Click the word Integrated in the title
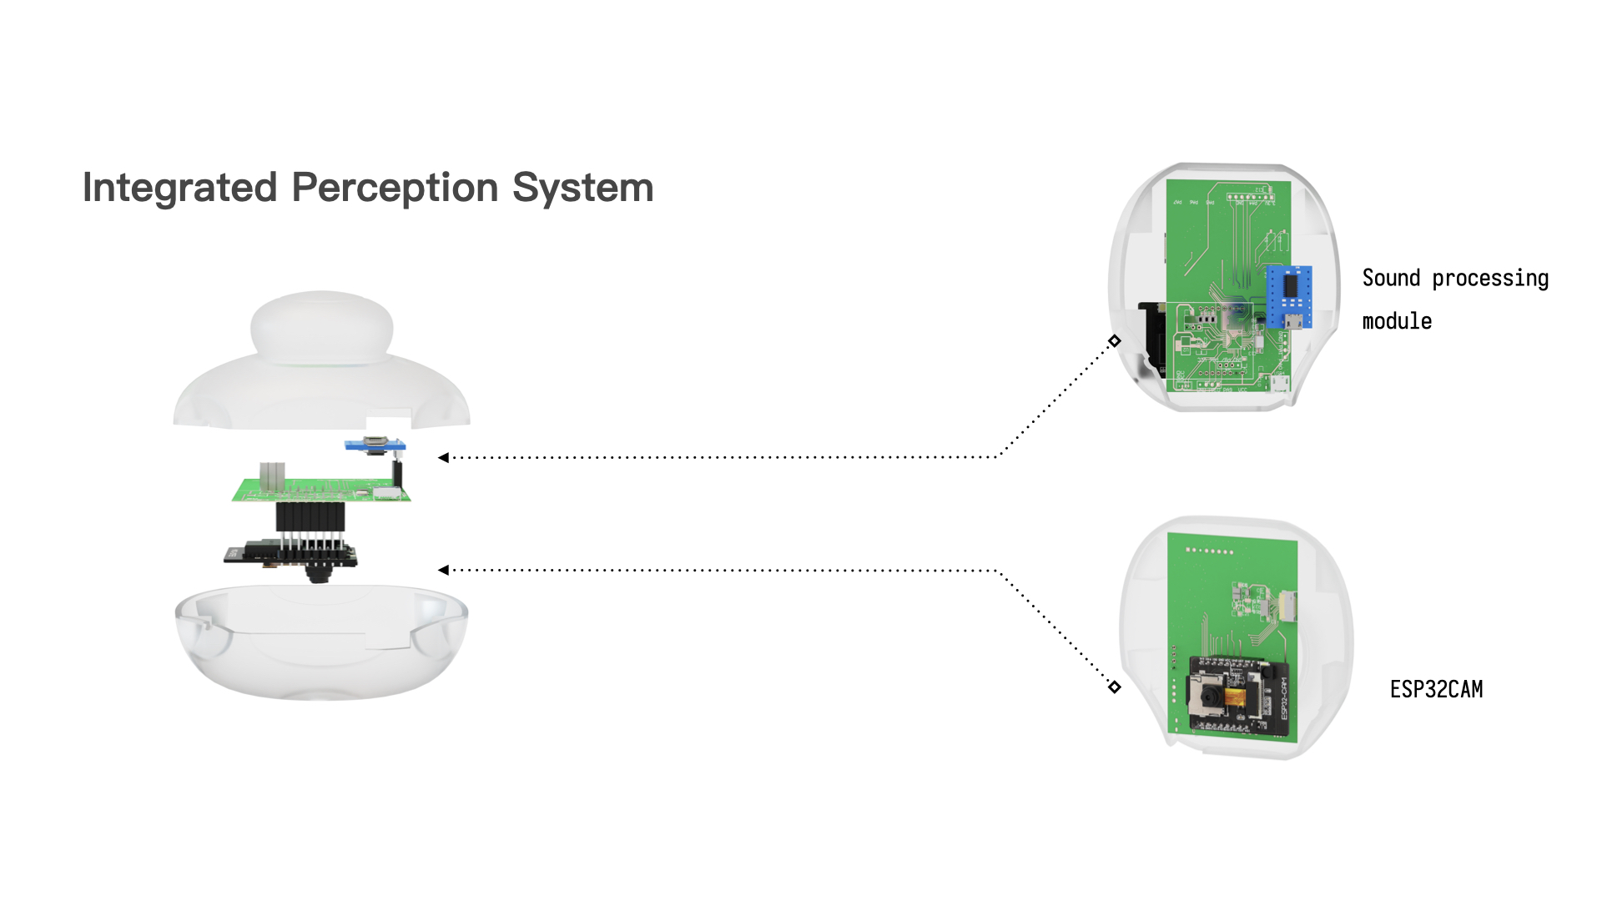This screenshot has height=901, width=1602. point(179,188)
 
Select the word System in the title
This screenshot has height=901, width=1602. point(582,188)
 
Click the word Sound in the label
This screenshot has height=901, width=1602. point(1391,278)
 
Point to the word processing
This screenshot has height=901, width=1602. point(1490,279)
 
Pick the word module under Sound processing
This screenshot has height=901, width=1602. point(1397,321)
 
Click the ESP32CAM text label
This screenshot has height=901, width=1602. point(1436,689)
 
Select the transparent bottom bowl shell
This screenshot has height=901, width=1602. point(321,647)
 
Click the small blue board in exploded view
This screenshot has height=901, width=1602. point(375,445)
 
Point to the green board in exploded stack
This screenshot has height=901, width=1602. point(321,491)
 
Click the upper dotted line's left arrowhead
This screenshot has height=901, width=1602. point(443,457)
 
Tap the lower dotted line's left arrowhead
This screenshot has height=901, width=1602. point(443,570)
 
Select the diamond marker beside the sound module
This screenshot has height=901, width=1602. point(1115,340)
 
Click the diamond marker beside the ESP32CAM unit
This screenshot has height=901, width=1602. point(1115,687)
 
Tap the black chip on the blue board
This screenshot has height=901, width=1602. point(1290,285)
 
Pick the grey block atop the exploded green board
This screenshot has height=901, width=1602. point(272,475)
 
